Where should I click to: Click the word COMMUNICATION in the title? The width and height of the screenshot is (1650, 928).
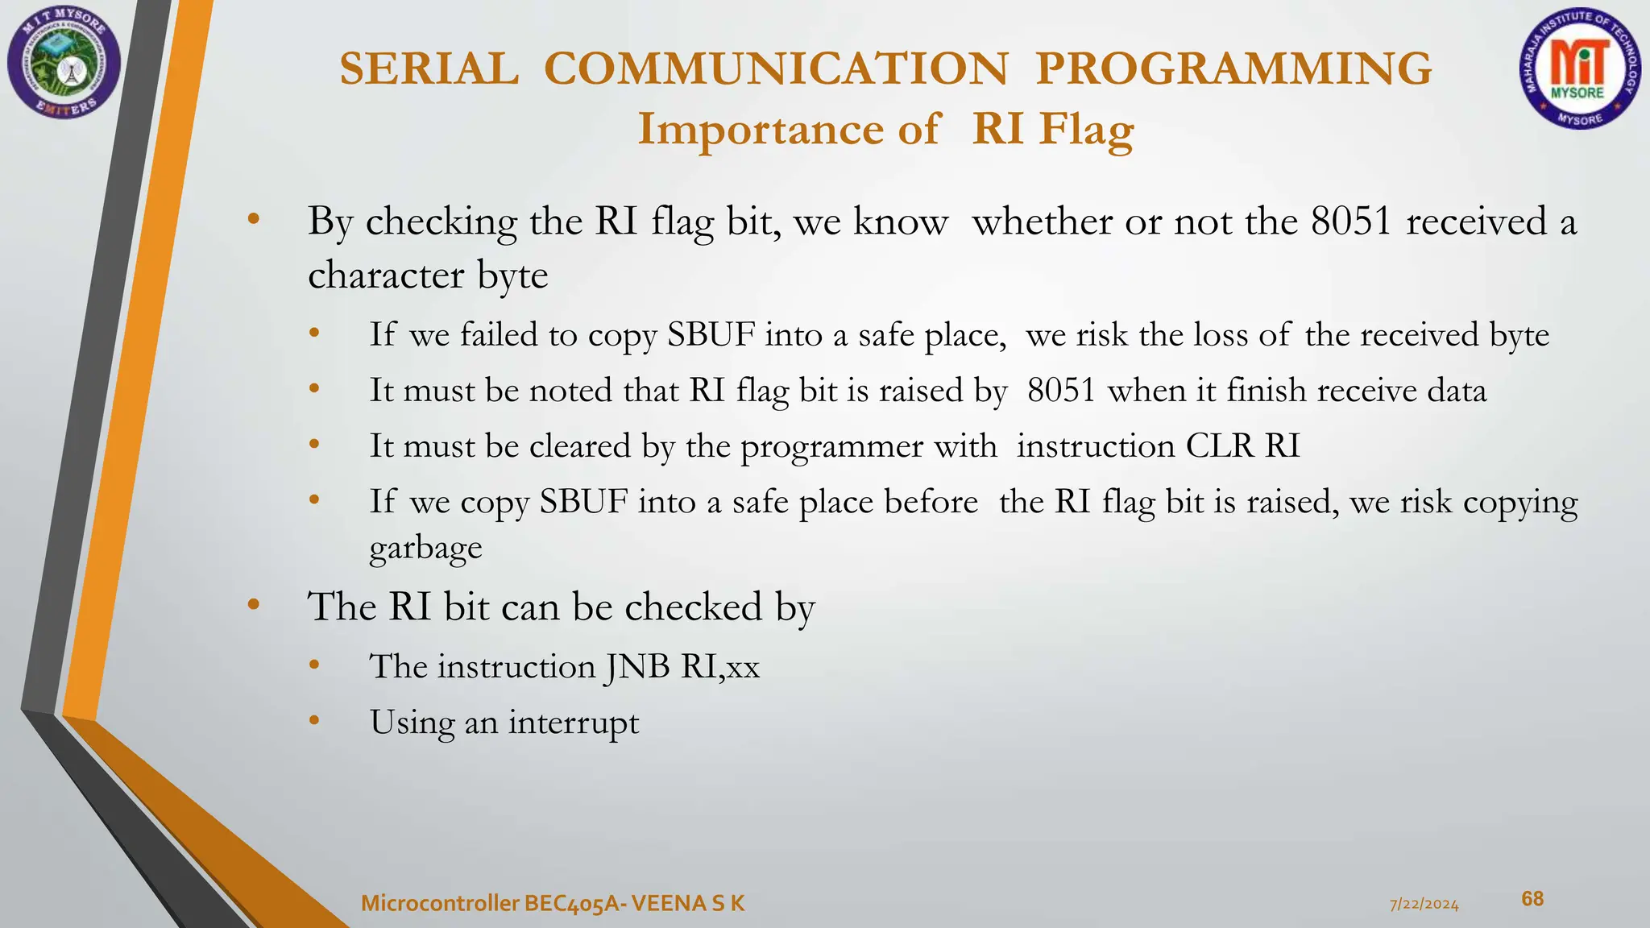click(x=776, y=68)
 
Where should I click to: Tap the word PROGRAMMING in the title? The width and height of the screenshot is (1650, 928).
click(x=1233, y=68)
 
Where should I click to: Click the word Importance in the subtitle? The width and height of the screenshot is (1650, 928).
click(x=761, y=129)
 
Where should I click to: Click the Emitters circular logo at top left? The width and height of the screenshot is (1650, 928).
click(x=64, y=63)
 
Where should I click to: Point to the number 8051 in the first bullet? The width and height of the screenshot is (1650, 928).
click(x=1351, y=222)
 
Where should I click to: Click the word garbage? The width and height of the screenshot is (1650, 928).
click(x=425, y=548)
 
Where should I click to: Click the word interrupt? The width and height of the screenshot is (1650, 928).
click(x=573, y=723)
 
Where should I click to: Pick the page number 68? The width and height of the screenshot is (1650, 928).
click(x=1532, y=899)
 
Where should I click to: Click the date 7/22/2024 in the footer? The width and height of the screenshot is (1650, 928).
click(x=1424, y=905)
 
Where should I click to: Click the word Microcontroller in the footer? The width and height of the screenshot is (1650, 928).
click(x=440, y=904)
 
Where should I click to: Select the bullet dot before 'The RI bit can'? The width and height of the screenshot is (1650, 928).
click(x=253, y=604)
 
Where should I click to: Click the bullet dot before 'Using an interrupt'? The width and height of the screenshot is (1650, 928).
click(x=314, y=720)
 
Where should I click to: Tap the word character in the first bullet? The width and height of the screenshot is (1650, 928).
click(x=386, y=275)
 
